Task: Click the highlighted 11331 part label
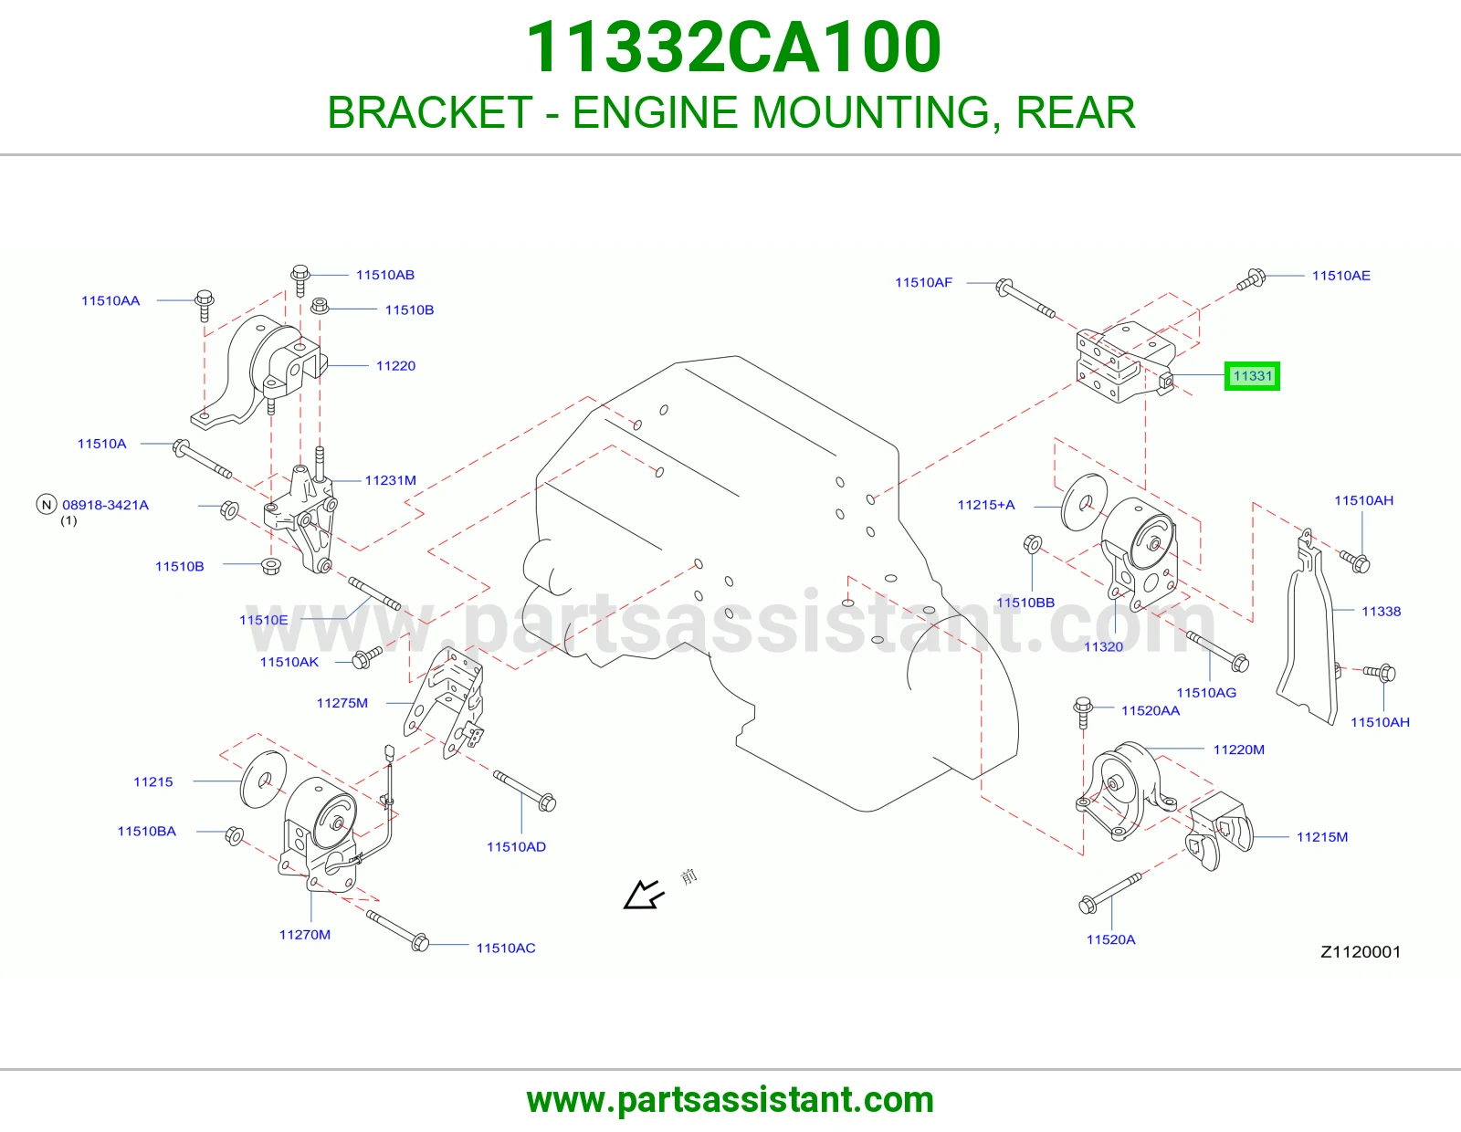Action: [1252, 376]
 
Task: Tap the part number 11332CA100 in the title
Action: [733, 47]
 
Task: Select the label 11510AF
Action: [923, 282]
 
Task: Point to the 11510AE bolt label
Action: [1340, 276]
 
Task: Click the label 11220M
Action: [1238, 749]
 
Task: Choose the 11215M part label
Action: [1322, 837]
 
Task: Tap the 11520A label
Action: [1110, 939]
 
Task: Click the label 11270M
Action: [305, 935]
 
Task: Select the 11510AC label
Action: [506, 948]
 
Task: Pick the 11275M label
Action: [342, 703]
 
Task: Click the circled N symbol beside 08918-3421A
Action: [47, 504]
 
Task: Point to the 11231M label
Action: [390, 480]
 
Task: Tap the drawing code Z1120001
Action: [1361, 952]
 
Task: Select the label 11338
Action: [1381, 611]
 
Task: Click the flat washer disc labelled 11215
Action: [264, 780]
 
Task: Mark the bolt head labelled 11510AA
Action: [205, 298]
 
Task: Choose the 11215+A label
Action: [985, 504]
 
